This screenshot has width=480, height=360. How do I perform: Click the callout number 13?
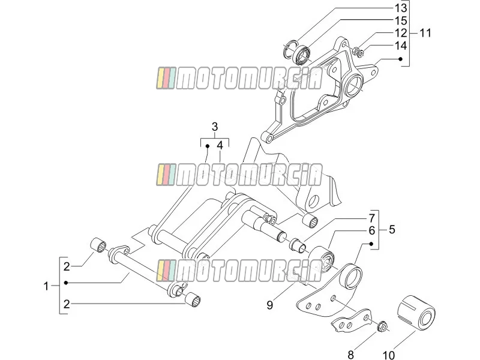(x=400, y=8)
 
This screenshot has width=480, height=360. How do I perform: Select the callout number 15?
(x=400, y=20)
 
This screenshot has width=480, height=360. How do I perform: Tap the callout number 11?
(x=425, y=33)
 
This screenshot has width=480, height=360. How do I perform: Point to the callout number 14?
(x=400, y=46)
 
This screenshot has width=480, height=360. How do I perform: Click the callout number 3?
(x=215, y=127)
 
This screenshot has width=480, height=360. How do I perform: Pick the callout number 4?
(x=220, y=145)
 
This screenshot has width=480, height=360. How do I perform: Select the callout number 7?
(x=371, y=218)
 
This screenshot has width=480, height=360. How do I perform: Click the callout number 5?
(x=392, y=230)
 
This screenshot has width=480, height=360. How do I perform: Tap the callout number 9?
(x=269, y=305)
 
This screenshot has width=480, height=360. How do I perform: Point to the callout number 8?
(x=351, y=355)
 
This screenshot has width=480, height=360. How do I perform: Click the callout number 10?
(x=388, y=355)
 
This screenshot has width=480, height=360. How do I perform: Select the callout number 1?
(x=46, y=287)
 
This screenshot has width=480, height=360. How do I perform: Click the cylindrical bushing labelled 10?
(x=416, y=311)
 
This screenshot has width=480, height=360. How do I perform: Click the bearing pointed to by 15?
(x=302, y=54)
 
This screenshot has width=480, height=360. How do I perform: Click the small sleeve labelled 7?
(x=298, y=244)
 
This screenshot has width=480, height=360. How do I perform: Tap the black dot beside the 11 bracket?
(x=400, y=59)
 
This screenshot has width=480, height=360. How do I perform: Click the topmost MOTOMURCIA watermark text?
(x=239, y=79)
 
